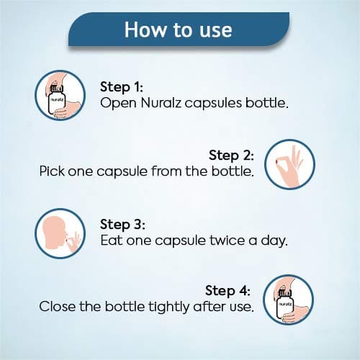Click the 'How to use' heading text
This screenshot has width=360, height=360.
pyautogui.click(x=178, y=30)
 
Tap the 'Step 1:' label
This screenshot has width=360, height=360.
pyautogui.click(x=122, y=87)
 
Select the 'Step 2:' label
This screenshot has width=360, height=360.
pyautogui.click(x=231, y=156)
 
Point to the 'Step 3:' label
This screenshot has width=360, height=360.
pyautogui.click(x=122, y=225)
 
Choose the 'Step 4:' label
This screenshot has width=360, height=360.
pyautogui.click(x=228, y=291)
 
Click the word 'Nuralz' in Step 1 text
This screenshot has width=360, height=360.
pyautogui.click(x=161, y=103)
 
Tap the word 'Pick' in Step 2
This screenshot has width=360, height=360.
pyautogui.click(x=52, y=171)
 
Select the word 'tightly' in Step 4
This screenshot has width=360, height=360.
pyautogui.click(x=168, y=307)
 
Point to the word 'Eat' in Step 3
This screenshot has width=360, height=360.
pyautogui.click(x=111, y=240)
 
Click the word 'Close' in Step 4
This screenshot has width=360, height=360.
pyautogui.click(x=57, y=307)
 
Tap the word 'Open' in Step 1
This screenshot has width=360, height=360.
pyautogui.click(x=118, y=104)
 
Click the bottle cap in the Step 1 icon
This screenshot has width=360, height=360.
pyautogui.click(x=57, y=89)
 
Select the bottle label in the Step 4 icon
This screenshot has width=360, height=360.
pyautogui.click(x=285, y=304)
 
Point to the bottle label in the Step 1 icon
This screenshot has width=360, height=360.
pyautogui.click(x=57, y=99)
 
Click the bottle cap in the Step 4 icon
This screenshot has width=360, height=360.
pyautogui.click(x=285, y=293)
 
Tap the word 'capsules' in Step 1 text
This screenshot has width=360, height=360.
pyautogui.click(x=213, y=104)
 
